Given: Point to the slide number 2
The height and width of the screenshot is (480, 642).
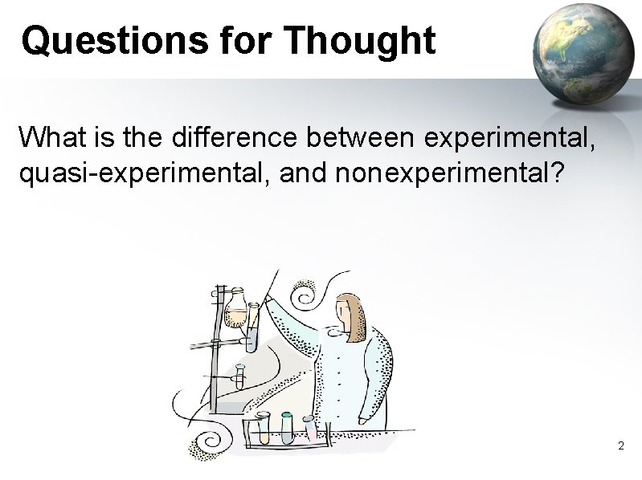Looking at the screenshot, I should pyautogui.click(x=620, y=445).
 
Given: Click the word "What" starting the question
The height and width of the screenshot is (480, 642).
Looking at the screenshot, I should pyautogui.click(x=50, y=138).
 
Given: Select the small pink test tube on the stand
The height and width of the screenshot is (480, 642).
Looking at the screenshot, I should pyautogui.click(x=239, y=376).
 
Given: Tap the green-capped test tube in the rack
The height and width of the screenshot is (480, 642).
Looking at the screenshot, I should pyautogui.click(x=287, y=426).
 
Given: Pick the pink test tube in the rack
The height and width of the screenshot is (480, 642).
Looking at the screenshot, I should pyautogui.click(x=310, y=426).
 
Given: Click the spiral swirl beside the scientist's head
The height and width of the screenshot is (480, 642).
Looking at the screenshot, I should pyautogui.click(x=307, y=297).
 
